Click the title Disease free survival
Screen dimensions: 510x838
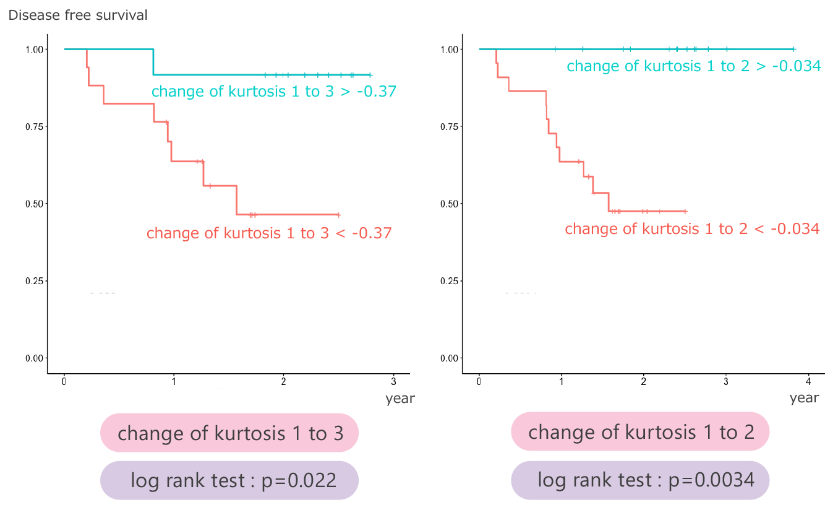[x=78, y=15]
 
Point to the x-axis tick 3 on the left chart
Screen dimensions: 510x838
[x=393, y=381]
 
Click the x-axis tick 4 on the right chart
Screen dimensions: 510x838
[x=808, y=381]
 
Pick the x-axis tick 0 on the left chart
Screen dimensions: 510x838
[x=64, y=381]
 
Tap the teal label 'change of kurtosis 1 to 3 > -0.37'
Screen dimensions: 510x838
[x=274, y=92]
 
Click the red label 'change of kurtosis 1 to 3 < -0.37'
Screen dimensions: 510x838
[x=269, y=233]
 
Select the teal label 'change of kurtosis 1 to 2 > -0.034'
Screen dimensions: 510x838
[x=694, y=66]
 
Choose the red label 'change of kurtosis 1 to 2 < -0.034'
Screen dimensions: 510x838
[x=692, y=229]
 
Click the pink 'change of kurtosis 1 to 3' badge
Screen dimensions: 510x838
[x=229, y=433]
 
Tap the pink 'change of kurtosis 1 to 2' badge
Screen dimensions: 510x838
[x=641, y=431]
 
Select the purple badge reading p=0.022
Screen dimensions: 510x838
[x=229, y=480]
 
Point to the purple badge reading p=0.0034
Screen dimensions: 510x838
[x=641, y=480]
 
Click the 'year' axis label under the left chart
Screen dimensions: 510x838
[x=400, y=399]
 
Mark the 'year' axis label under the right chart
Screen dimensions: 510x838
[x=804, y=398]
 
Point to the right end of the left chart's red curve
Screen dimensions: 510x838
[x=339, y=215]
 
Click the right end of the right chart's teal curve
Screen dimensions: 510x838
[x=794, y=49]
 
